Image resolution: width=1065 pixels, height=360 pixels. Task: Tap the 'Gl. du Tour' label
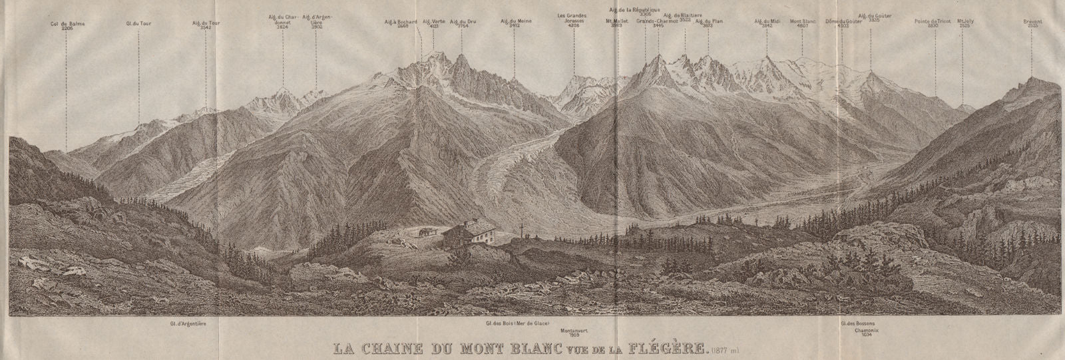tap(138, 23)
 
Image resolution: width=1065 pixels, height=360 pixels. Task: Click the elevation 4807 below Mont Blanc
tap(801, 27)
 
